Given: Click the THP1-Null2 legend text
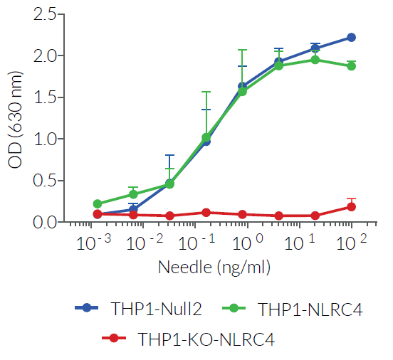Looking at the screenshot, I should [156, 308].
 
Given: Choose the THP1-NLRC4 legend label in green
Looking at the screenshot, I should [304, 308].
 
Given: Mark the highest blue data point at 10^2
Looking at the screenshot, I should [351, 37].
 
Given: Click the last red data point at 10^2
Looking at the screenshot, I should [351, 207].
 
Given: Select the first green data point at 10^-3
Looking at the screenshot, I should [98, 203].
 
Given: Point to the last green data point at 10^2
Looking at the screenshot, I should [351, 66].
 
